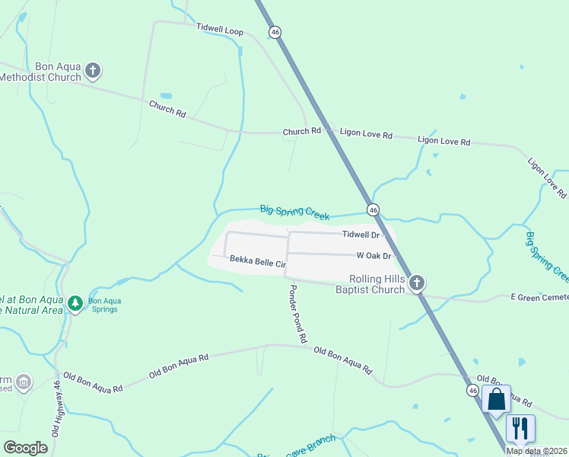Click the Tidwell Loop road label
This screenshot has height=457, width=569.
click(219, 30)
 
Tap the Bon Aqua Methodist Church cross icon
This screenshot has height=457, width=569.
click(93, 71)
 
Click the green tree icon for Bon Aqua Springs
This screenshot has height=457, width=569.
click(75, 304)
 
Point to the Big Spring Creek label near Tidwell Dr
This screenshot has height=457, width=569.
click(294, 212)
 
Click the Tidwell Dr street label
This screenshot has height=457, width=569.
click(360, 235)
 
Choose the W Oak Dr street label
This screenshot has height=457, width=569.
click(373, 256)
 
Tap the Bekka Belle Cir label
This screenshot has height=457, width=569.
click(257, 262)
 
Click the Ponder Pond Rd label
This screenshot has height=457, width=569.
click(297, 313)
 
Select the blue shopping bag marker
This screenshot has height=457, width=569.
click(496, 399)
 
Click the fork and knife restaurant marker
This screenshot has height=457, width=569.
click(520, 428)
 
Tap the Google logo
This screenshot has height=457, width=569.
click(26, 447)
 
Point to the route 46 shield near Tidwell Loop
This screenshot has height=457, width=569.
click(275, 32)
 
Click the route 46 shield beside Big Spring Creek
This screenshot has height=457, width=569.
click(373, 209)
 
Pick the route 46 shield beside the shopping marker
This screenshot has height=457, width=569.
click(472, 390)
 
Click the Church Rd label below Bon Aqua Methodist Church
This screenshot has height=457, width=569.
click(167, 108)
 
